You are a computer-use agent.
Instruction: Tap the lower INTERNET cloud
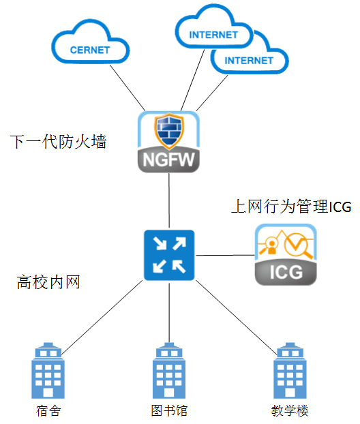250,60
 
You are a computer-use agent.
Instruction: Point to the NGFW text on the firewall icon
169,160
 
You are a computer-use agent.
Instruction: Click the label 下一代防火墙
59,141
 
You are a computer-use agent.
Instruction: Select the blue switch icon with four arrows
169,255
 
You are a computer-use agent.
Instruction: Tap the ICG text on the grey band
286,272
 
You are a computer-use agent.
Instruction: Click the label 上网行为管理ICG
291,207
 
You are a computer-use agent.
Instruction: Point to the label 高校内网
48,282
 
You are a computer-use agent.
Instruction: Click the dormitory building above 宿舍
48,370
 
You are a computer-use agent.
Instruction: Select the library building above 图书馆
169,370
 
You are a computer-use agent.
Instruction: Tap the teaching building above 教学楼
290,370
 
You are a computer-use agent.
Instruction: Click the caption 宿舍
48,411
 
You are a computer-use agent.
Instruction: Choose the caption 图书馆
169,411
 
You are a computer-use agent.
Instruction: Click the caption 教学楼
290,411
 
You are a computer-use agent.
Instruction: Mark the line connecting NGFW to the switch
169,200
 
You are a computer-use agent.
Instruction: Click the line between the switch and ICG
225,255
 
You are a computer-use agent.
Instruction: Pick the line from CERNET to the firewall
127,88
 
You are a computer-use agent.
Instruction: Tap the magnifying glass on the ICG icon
298,245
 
